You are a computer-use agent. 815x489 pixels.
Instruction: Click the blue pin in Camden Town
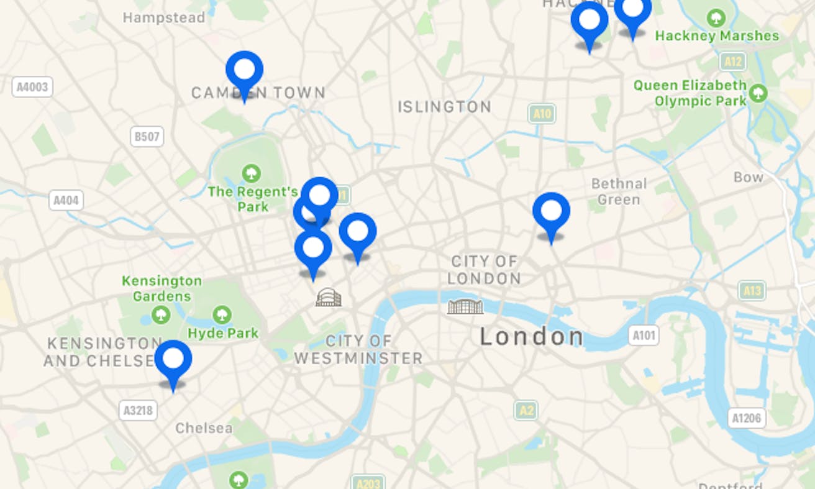tap(244, 70)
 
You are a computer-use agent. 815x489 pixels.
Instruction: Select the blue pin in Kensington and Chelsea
tap(173, 360)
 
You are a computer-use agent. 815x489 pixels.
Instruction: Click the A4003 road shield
tap(32, 87)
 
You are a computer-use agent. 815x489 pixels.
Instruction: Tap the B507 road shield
tap(147, 137)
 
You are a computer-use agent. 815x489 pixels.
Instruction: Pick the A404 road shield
tap(66, 200)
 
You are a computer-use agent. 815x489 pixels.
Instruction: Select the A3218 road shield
tap(137, 409)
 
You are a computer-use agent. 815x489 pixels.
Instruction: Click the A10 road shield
tap(542, 114)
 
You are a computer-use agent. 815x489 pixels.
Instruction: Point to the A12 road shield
tap(732, 61)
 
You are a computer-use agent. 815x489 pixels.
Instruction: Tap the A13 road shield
tap(752, 290)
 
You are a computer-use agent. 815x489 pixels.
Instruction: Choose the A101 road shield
tap(643, 336)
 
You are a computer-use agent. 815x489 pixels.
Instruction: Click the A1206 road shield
tap(745, 418)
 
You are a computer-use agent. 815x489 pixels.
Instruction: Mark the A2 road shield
tap(526, 410)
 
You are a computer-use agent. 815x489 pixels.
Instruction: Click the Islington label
tap(444, 107)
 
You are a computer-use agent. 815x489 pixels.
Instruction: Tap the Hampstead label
tap(163, 17)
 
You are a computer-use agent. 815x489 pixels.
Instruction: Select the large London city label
tap(531, 337)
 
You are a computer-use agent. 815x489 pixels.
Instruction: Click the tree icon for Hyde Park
tap(222, 314)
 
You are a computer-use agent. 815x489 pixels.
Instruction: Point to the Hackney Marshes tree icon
tap(717, 17)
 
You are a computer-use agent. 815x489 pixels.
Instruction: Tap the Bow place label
tap(748, 177)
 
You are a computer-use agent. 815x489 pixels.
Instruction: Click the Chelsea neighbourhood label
tap(204, 428)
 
